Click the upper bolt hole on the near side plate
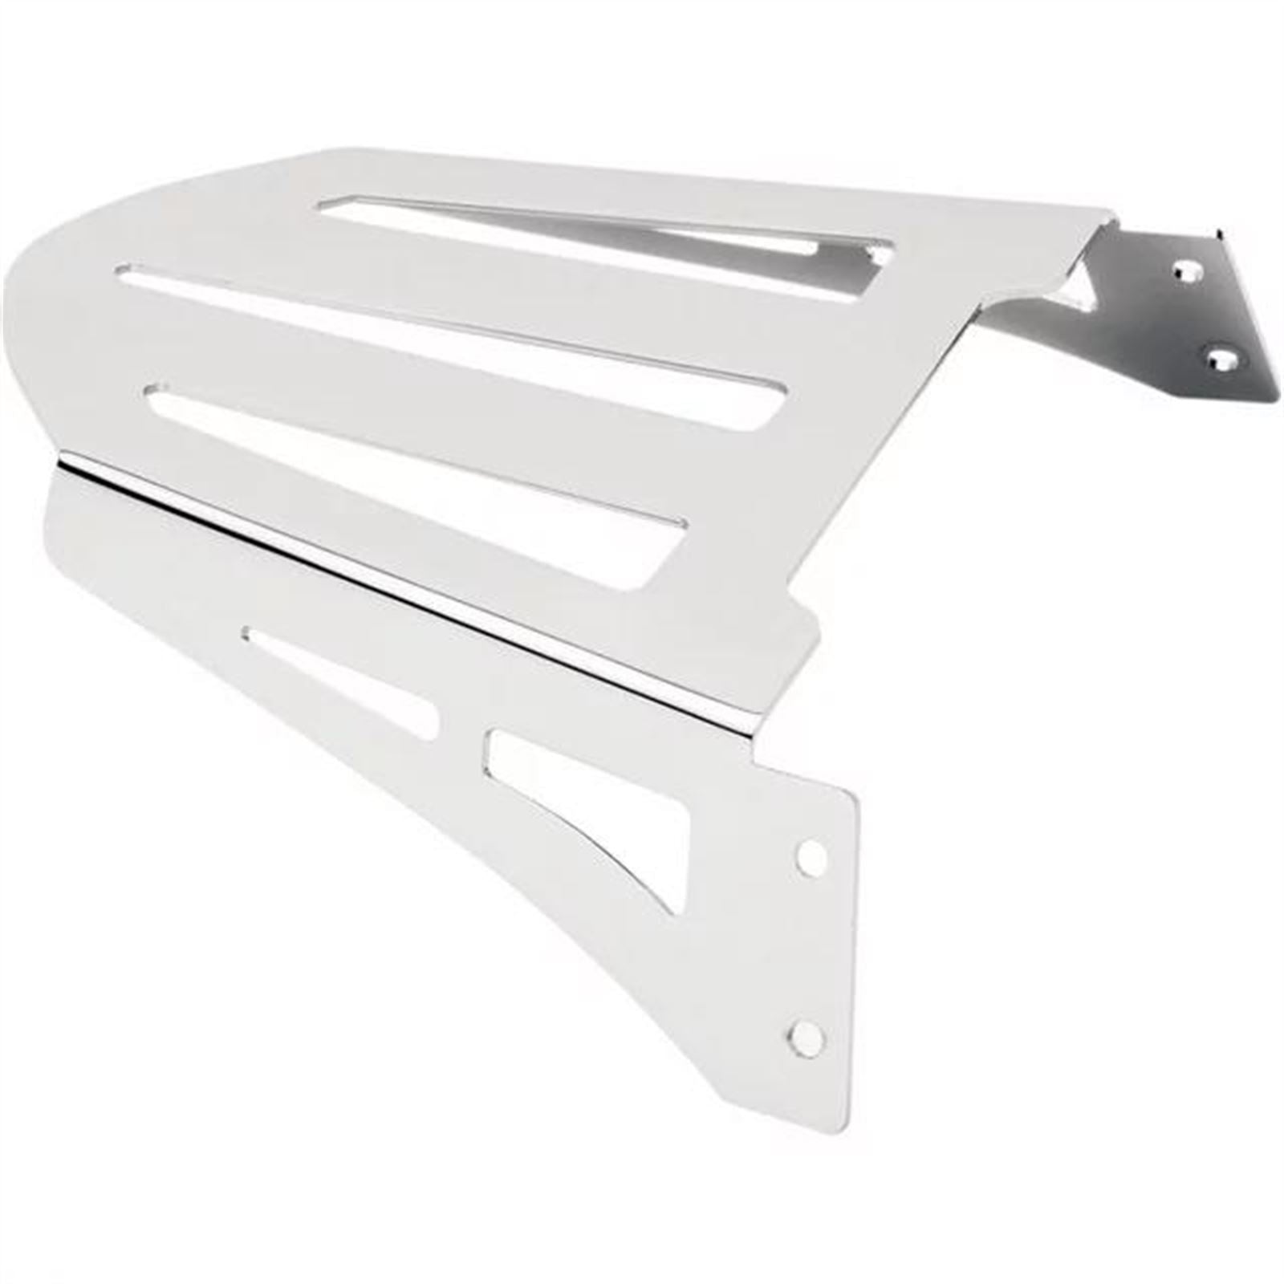[812, 858]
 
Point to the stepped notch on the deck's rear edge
[802, 618]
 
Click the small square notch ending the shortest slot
[879, 255]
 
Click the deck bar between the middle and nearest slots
[433, 401]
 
